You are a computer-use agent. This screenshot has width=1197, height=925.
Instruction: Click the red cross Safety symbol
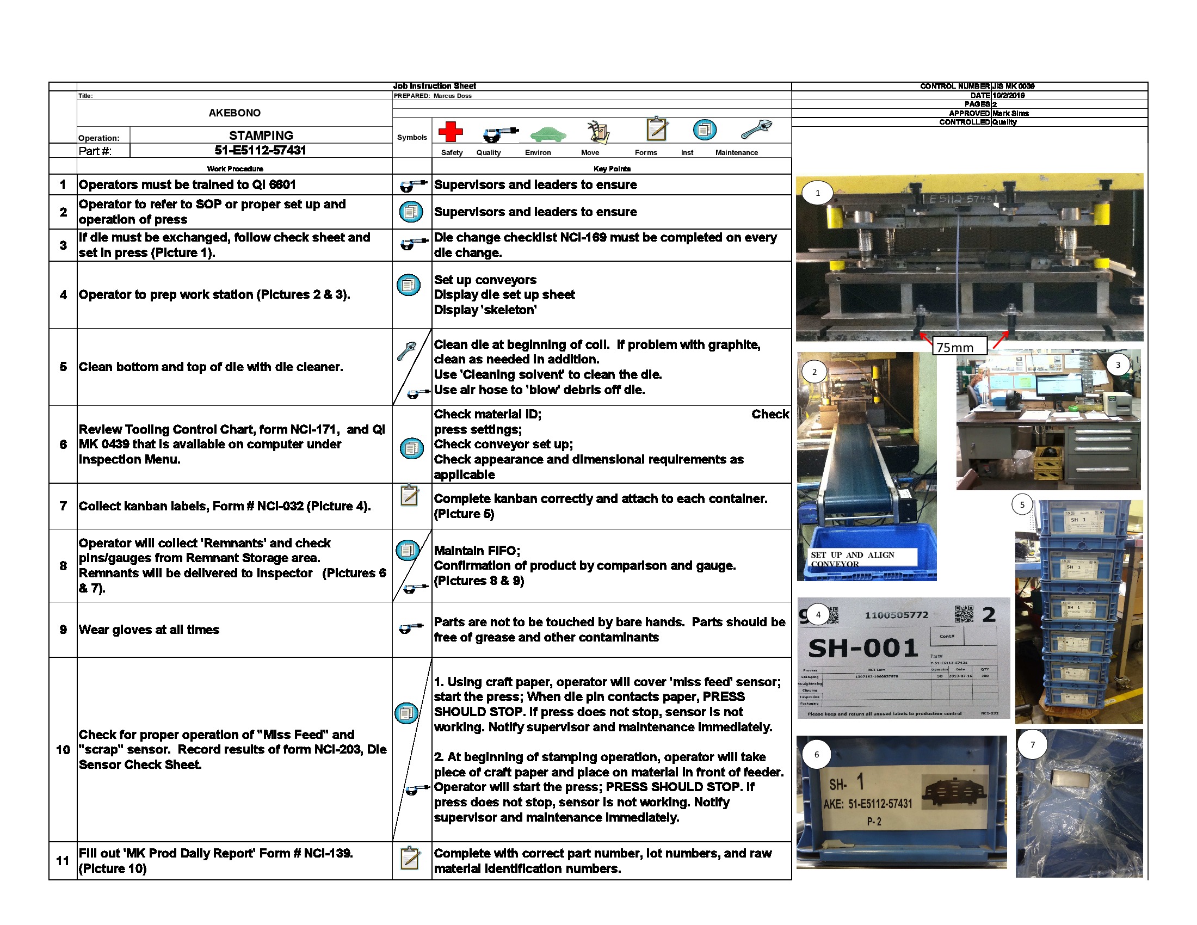pos(451,132)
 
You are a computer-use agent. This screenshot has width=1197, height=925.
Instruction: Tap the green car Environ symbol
pos(547,133)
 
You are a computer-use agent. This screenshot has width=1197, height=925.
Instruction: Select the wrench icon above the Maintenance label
pos(756,129)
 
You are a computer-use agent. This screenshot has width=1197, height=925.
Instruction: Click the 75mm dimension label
pos(955,347)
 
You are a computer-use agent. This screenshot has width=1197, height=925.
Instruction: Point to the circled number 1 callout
pos(818,193)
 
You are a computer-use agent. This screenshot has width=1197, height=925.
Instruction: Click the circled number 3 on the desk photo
pos(1118,365)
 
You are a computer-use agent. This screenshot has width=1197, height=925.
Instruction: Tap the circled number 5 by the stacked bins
pos(1022,505)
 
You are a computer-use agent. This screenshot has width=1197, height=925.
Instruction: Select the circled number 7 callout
pos(1033,745)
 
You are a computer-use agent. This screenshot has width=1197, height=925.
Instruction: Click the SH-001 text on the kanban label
pos(863,648)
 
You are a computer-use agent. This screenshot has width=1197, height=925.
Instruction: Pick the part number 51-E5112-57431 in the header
pos(260,151)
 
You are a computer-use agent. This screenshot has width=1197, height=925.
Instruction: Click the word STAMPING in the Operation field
pos(261,135)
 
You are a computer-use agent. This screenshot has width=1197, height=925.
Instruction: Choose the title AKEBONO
pos(235,113)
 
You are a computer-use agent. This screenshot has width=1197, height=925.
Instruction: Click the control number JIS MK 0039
pos(1014,86)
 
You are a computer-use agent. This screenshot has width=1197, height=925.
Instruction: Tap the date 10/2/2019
pos(1008,95)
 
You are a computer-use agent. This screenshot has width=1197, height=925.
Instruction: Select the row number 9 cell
pos(63,630)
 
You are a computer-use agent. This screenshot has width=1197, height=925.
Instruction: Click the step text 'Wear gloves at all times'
pos(149,630)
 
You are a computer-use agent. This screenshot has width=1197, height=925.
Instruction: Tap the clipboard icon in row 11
pos(410,858)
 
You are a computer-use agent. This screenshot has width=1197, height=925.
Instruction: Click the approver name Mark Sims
pos(1011,113)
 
